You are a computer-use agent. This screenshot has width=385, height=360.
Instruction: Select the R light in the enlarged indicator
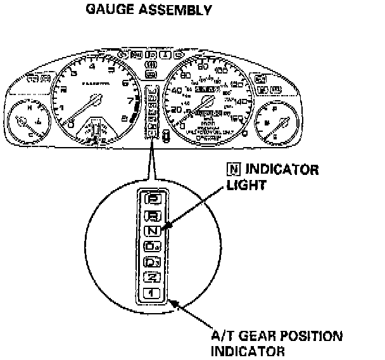click(154, 215)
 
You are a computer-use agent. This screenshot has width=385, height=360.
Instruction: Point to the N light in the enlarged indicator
click(154, 231)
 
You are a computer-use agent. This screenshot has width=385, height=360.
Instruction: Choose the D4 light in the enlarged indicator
click(154, 246)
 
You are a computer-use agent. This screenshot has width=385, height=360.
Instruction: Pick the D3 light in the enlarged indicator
click(154, 261)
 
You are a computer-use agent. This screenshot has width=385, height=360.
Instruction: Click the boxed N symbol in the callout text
click(232, 170)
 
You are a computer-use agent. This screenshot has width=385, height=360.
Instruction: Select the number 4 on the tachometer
click(94, 67)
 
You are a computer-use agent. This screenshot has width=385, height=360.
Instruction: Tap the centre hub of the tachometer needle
click(95, 100)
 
